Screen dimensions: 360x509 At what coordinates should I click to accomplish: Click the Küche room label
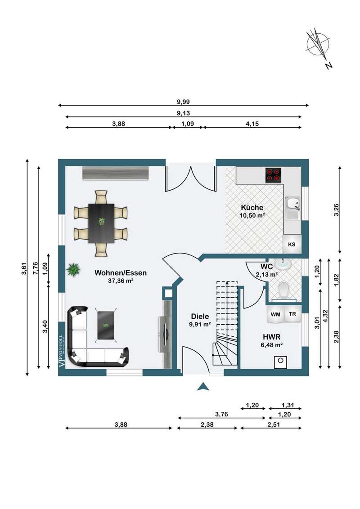pos(252,207)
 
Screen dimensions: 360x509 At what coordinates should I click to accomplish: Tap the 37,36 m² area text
pos(121,281)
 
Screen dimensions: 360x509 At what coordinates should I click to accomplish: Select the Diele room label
pos(200,317)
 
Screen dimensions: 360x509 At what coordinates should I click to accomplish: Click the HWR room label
pos(272,337)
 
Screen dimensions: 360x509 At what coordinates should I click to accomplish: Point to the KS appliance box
pos(292,244)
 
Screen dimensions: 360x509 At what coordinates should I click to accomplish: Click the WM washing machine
pos(275,314)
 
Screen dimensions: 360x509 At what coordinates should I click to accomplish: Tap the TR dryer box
pos(292,314)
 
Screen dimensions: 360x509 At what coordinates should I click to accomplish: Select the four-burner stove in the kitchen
pos(273,175)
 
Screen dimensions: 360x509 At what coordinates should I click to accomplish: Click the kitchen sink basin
pos(293,204)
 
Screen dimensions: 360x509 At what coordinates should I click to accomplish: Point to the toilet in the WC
pos(283,289)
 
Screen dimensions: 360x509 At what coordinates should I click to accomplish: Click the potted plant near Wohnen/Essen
pos(73,269)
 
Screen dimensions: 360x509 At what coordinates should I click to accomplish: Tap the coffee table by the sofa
pos(106,325)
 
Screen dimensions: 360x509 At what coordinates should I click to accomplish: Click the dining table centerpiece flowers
pos(102,222)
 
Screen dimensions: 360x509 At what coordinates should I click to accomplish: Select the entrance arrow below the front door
pos(203,386)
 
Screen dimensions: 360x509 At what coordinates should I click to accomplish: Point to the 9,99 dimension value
pos(183,102)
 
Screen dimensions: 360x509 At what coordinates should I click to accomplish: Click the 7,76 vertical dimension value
pos(36,268)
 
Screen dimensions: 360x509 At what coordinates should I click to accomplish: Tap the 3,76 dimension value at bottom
pos(221,414)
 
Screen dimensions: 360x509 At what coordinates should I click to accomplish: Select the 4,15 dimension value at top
pos(252,124)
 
